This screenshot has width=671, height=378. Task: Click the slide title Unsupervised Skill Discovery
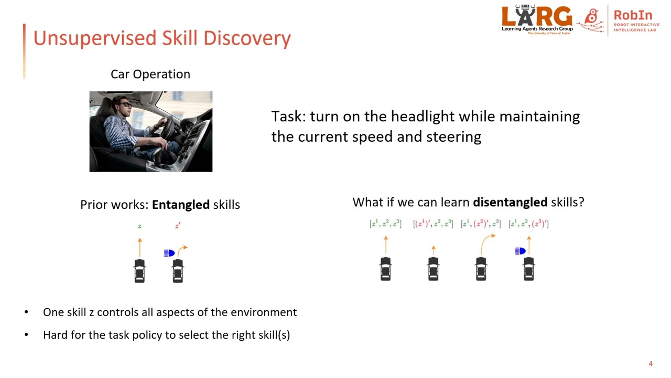coord(161,38)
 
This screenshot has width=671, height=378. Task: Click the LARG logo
coord(537,18)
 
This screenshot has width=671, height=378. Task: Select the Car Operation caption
coord(150,74)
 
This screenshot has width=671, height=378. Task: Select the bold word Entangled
coord(180,205)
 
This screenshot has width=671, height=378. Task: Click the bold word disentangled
coord(510,202)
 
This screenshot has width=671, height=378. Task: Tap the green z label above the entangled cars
coord(139,226)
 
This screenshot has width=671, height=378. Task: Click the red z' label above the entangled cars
coord(178,226)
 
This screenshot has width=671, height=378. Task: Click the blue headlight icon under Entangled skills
coord(169,253)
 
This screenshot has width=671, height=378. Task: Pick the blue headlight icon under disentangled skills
coord(520,251)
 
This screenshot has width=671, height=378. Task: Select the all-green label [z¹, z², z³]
coord(385,224)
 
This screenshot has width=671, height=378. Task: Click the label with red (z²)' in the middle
coord(481,224)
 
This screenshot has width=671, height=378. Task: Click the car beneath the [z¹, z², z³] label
coord(385,269)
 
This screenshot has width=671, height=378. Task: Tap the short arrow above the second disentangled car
coord(433,249)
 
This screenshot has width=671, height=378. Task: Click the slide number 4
coord(651,364)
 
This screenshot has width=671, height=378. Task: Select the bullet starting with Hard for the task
coord(166,335)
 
